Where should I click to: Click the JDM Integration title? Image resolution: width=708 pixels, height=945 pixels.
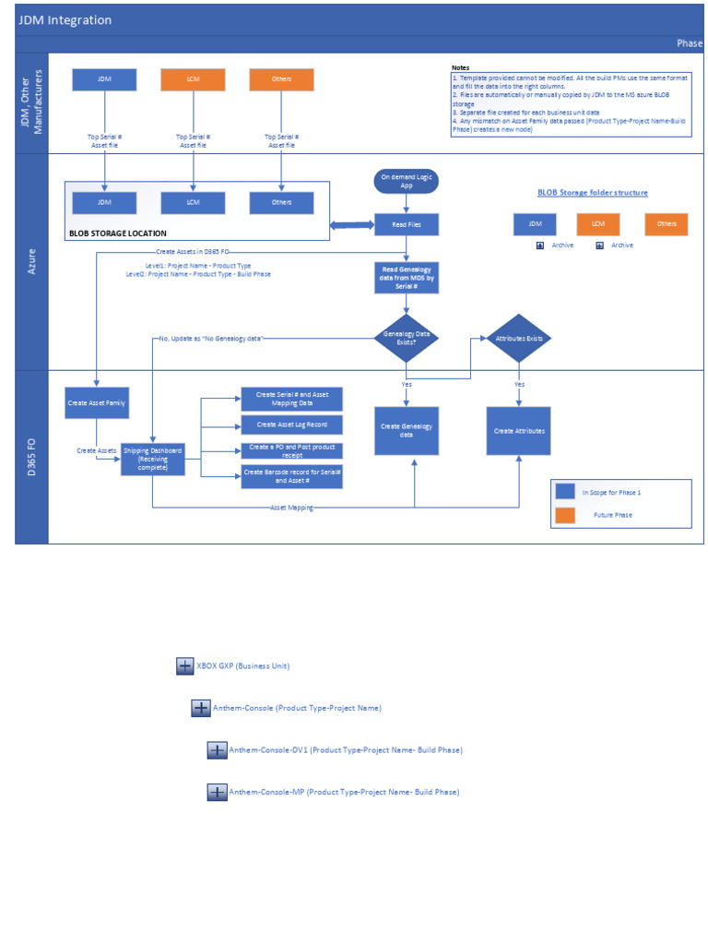pos(65,19)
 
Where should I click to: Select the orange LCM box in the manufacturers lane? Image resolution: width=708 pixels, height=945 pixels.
pos(193,79)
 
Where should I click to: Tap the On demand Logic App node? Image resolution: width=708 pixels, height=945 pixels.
pos(406,181)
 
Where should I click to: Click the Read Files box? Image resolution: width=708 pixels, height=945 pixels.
pos(406,224)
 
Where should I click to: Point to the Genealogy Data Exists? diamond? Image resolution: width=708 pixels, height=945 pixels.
pos(406,339)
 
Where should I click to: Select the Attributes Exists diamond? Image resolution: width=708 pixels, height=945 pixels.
pos(519,339)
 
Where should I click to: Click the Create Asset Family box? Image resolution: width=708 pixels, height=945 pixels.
pos(97,402)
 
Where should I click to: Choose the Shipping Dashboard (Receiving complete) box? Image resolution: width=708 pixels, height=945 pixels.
pos(152,459)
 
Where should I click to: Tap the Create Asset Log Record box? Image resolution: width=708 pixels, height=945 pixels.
pos(291,425)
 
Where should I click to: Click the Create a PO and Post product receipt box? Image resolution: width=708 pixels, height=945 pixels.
pos(291,450)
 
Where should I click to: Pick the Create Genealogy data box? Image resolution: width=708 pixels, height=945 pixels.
pos(406,430)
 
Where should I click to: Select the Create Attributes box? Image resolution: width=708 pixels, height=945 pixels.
pos(519,430)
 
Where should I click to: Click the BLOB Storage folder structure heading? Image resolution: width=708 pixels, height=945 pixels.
pos(592,193)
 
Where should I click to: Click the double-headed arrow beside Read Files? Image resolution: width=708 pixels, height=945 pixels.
pos(351,225)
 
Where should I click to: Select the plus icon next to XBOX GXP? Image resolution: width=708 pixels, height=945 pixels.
pos(184,666)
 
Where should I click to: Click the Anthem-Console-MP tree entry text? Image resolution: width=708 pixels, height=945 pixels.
pos(343,792)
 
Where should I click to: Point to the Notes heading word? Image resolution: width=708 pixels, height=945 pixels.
pos(460,68)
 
